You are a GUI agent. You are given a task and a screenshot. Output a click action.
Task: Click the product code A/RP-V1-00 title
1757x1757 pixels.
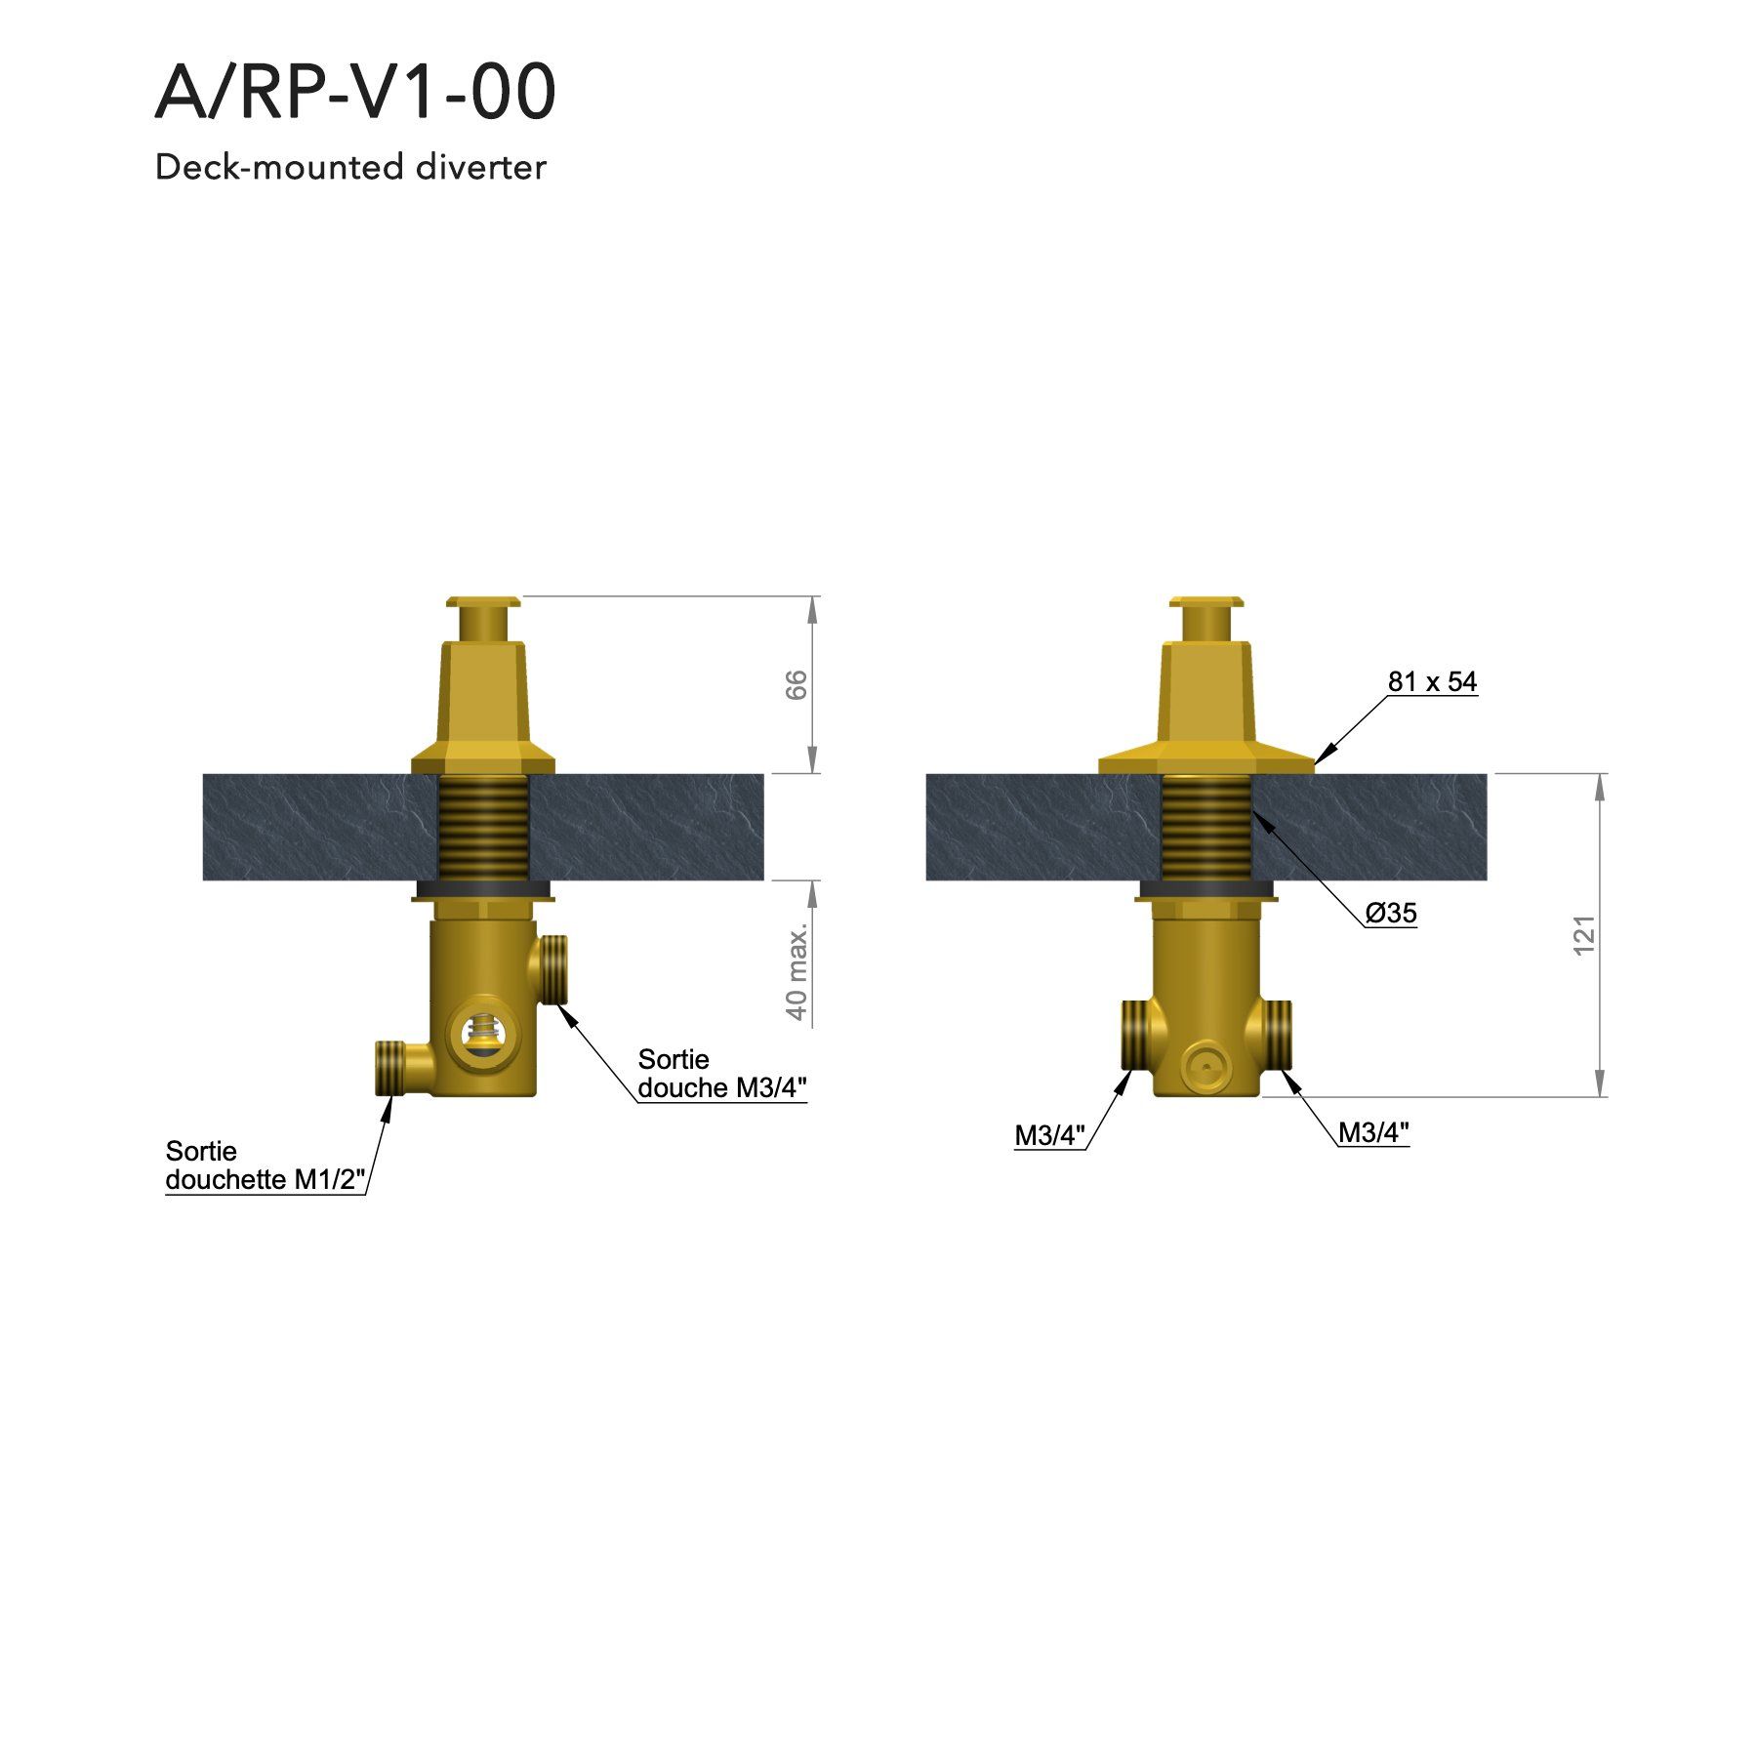click(x=355, y=93)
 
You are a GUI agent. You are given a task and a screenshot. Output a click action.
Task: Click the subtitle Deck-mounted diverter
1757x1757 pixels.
click(x=350, y=168)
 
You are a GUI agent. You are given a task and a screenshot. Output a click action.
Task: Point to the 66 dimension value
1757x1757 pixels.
click(x=797, y=685)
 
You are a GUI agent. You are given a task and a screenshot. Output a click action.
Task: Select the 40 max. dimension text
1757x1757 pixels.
click(x=797, y=970)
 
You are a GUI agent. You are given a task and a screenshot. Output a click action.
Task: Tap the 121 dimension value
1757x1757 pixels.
click(x=1584, y=935)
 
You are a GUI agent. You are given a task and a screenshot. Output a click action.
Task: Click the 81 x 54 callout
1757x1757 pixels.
click(x=1432, y=681)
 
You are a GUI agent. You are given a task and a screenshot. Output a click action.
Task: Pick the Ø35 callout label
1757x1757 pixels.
click(x=1391, y=913)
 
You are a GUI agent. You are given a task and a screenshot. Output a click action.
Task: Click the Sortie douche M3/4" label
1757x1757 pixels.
click(x=721, y=1074)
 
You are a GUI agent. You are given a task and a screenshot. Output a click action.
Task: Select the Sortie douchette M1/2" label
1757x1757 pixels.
click(x=265, y=1165)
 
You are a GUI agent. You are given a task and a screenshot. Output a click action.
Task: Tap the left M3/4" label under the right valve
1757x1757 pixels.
click(x=1049, y=1135)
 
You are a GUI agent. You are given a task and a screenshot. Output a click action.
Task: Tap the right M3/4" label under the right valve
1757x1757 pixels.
click(x=1373, y=1132)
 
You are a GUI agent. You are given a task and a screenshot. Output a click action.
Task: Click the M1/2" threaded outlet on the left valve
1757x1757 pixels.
click(x=391, y=1068)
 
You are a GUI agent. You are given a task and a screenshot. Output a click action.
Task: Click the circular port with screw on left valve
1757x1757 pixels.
click(x=479, y=1031)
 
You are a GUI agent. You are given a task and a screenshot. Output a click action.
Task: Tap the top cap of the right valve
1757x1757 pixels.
click(x=1206, y=603)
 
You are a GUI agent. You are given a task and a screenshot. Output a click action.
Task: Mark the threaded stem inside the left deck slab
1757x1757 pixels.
click(x=483, y=827)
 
